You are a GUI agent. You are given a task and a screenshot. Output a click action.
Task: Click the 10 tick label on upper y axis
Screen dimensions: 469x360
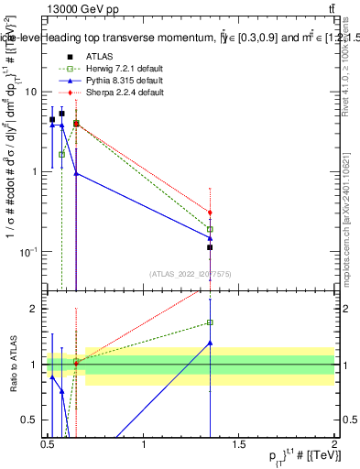[30, 92]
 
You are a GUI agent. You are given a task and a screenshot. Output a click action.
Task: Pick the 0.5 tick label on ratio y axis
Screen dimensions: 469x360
[30, 420]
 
